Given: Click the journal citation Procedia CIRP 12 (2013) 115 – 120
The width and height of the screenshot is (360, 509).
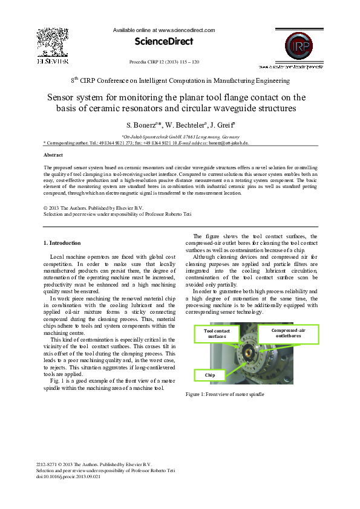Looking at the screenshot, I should (x=165, y=62).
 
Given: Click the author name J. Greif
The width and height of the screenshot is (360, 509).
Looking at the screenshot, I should (x=221, y=126).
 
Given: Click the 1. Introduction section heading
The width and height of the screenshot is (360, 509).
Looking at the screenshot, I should (x=62, y=243).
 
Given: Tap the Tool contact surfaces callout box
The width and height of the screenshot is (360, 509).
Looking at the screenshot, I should (x=217, y=334).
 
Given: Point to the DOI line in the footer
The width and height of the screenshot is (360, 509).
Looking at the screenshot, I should (x=68, y=477).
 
